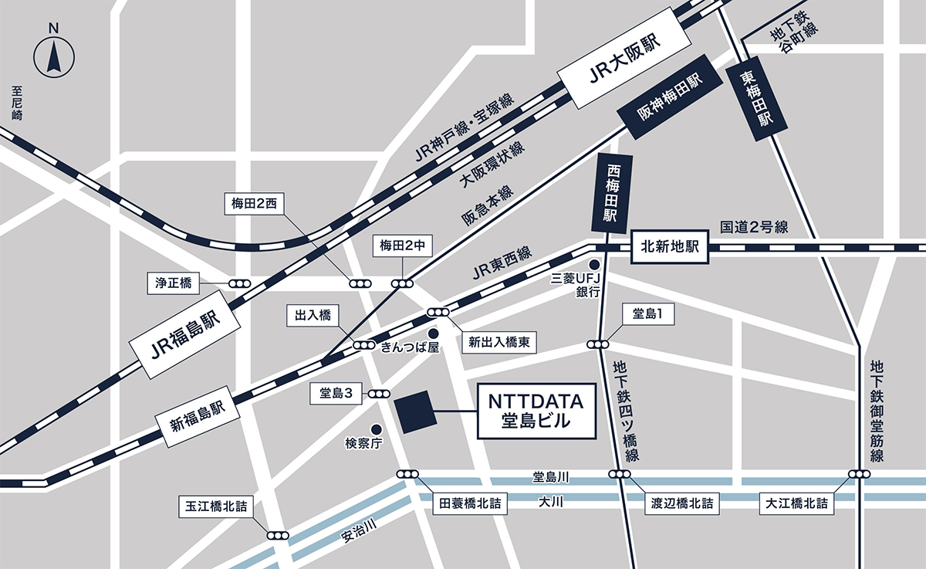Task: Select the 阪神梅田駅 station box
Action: pyautogui.click(x=670, y=97)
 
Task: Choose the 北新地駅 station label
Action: pyautogui.click(x=670, y=248)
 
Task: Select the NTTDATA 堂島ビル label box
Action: pyautogui.click(x=536, y=411)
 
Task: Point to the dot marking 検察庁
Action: pyautogui.click(x=376, y=428)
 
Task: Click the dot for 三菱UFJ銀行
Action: pyautogui.click(x=594, y=265)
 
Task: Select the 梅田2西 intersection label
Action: pyautogui.click(x=254, y=204)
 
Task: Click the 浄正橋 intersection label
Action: pyautogui.click(x=174, y=283)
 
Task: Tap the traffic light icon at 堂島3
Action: pyautogui.click(x=379, y=394)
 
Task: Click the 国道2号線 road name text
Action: pyautogui.click(x=754, y=227)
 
